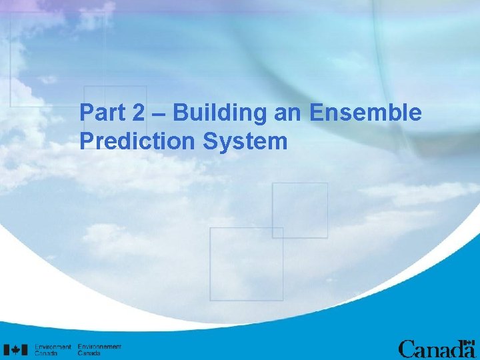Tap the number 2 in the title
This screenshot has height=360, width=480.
pyautogui.click(x=137, y=113)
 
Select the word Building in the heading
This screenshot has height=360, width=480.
pyautogui.click(x=220, y=114)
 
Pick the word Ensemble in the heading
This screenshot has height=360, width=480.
pyautogui.click(x=365, y=113)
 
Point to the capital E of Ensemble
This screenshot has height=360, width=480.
pyautogui.click(x=316, y=113)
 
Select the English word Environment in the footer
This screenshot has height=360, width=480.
pyautogui.click(x=53, y=347)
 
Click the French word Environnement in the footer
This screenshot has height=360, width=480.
pyautogui.click(x=99, y=347)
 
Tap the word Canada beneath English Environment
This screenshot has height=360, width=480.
pyautogui.click(x=46, y=353)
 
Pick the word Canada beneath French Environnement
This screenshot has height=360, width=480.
pyautogui.click(x=89, y=353)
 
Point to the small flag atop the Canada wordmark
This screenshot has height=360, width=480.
pyautogui.click(x=469, y=341)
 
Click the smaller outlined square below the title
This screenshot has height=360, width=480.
pyautogui.click(x=300, y=210)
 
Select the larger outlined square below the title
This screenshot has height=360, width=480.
pyautogui.click(x=246, y=263)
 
